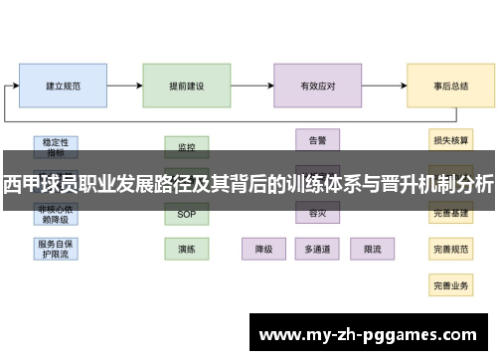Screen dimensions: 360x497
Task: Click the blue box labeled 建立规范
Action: (64, 87)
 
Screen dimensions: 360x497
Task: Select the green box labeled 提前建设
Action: (187, 87)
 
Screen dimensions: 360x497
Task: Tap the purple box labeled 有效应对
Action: (318, 87)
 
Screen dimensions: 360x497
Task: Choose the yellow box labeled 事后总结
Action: (450, 87)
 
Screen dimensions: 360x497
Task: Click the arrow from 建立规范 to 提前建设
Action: (124, 87)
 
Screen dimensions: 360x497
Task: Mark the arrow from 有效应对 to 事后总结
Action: (385, 87)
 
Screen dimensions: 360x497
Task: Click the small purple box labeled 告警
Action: (318, 140)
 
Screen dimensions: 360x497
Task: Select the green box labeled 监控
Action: (187, 146)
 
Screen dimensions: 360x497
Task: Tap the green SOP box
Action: (187, 214)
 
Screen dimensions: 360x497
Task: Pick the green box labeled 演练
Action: (187, 248)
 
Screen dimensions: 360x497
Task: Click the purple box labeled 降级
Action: (264, 248)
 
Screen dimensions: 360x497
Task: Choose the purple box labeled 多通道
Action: (318, 248)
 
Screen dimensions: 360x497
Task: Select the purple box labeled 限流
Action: (373, 248)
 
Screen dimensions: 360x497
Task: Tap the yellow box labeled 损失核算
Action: (450, 140)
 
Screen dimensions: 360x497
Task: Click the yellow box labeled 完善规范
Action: (450, 248)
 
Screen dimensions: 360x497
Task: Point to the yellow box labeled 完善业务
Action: (450, 284)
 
